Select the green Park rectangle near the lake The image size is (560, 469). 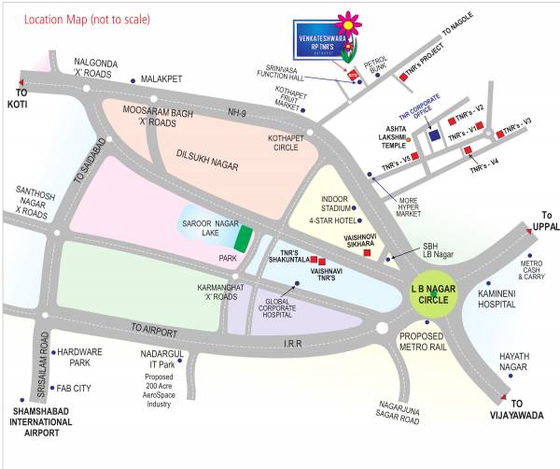pos(243,239)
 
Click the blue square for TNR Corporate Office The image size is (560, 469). pos(434,134)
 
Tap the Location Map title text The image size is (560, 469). pos(88,18)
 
